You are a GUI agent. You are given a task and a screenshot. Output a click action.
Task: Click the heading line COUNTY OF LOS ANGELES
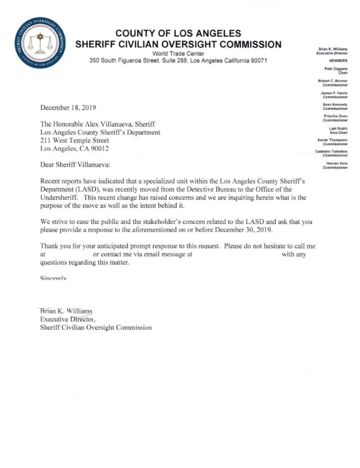coord(178,34)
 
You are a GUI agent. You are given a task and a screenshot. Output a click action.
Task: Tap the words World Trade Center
coord(178,54)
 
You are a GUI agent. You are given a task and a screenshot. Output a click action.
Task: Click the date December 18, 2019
coord(69,108)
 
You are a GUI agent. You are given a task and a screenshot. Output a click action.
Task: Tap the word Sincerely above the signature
coord(54,277)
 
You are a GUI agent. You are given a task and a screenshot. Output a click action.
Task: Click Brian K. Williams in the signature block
coord(66,311)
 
